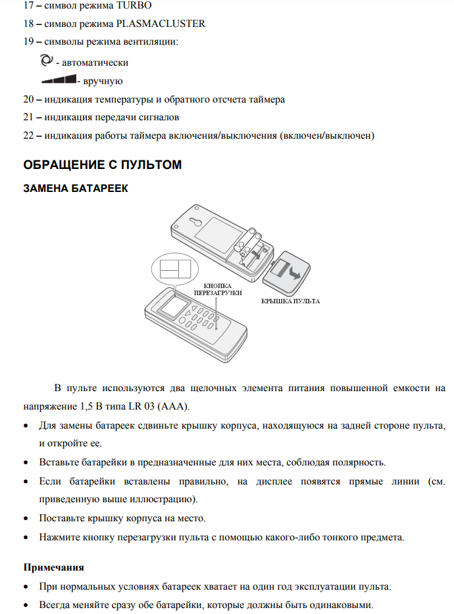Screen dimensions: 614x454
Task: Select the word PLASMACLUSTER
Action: click(168, 24)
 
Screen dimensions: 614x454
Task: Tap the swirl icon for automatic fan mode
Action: click(45, 60)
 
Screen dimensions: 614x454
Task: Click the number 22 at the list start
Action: click(28, 135)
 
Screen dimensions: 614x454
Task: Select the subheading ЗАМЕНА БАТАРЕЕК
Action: click(76, 188)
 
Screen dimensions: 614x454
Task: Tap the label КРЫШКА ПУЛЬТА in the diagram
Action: click(291, 300)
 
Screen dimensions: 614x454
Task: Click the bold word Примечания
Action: click(54, 566)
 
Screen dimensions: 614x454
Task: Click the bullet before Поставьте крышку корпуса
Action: click(26, 519)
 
